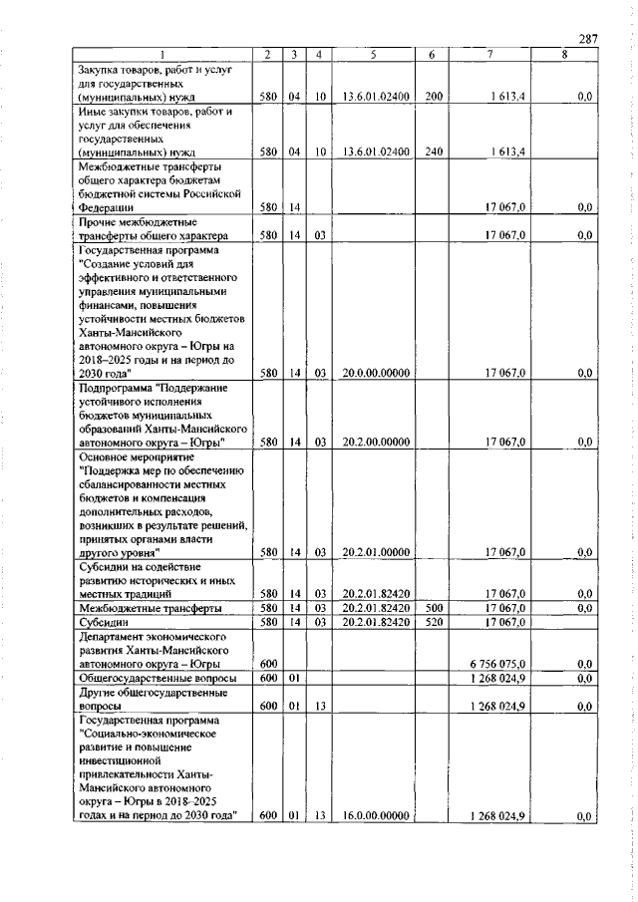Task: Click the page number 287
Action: click(586, 39)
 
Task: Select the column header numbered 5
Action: click(371, 54)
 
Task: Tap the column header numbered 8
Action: click(564, 54)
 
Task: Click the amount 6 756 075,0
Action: click(497, 663)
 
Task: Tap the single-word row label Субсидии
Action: click(104, 622)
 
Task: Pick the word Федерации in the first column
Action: click(109, 207)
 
